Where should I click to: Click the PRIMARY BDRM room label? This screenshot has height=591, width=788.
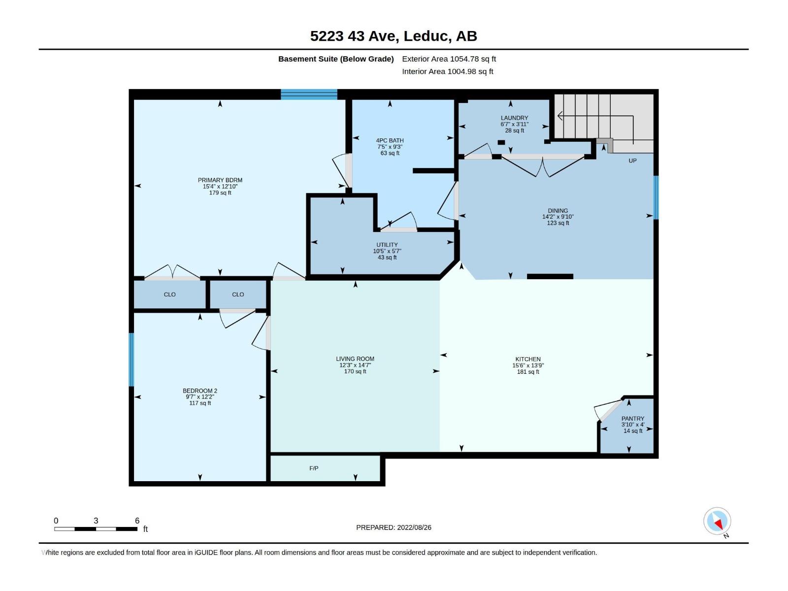click(220, 180)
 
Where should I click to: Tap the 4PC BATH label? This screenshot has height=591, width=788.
click(390, 141)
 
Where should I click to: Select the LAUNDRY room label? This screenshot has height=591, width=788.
click(515, 118)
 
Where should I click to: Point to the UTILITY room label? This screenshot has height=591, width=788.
click(387, 245)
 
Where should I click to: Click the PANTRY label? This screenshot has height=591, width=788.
click(633, 419)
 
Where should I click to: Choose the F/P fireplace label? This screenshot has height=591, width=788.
click(314, 468)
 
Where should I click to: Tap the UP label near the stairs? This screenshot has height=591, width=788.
click(632, 161)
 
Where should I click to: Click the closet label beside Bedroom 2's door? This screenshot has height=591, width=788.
click(238, 295)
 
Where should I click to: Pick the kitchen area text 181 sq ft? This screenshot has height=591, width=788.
click(528, 372)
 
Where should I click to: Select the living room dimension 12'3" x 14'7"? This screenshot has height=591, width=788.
click(355, 365)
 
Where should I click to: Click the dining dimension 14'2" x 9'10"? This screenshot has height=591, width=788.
click(558, 217)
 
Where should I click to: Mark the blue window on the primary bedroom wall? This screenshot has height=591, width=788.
click(309, 95)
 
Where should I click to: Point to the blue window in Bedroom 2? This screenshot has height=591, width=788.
click(131, 360)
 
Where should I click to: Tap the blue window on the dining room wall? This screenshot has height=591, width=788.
click(656, 197)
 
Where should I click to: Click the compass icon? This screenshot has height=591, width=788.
click(717, 521)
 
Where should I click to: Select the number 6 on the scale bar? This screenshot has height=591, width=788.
click(137, 521)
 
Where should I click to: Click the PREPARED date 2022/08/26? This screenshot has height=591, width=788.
click(414, 527)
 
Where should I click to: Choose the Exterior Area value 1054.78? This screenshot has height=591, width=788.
click(464, 59)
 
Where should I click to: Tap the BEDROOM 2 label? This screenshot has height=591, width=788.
click(200, 391)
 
